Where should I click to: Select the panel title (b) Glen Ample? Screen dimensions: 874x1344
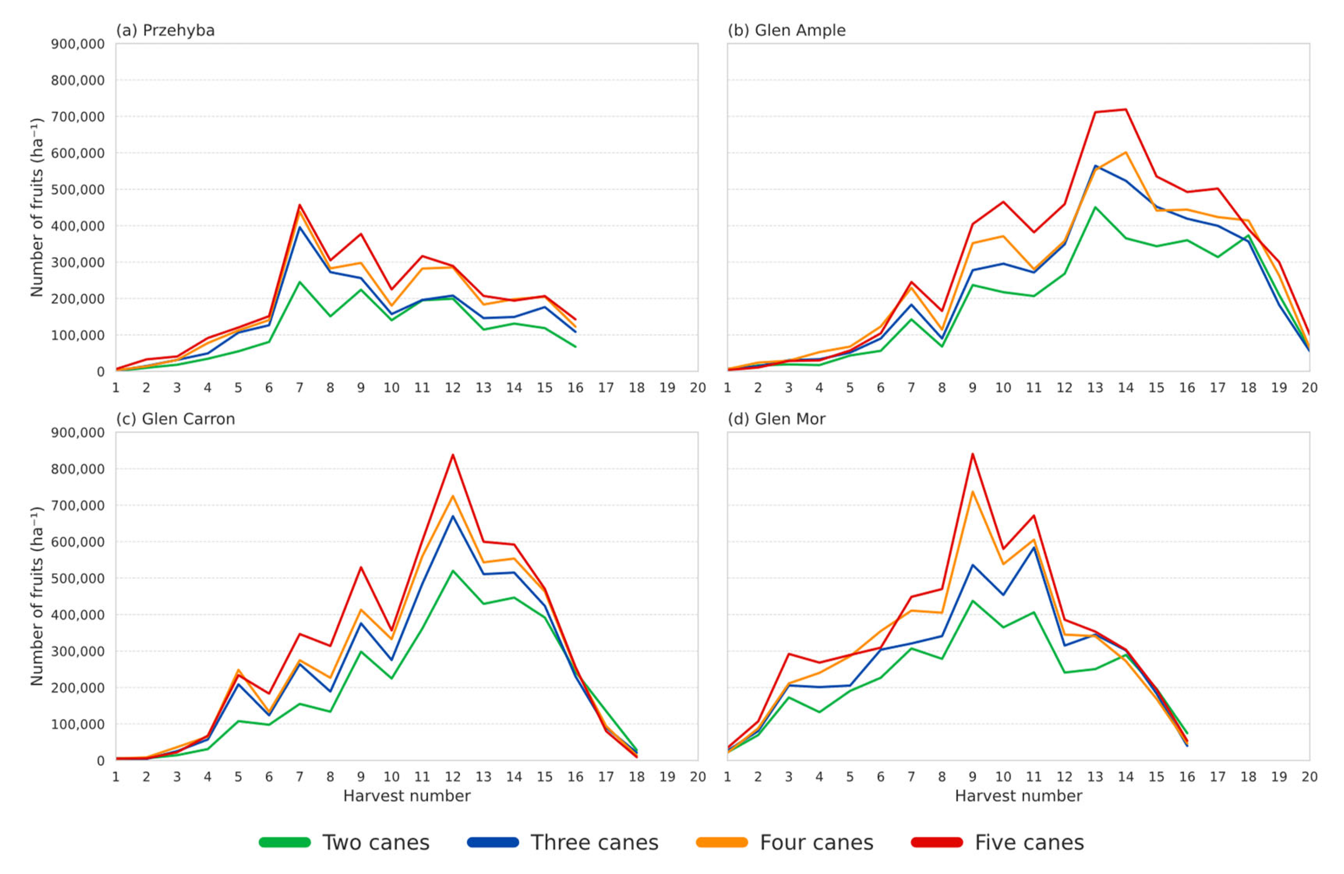point(786,31)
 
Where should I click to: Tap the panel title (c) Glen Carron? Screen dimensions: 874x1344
point(175,419)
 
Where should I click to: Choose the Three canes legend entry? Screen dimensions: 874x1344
point(563,843)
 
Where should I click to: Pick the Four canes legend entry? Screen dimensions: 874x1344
point(785,843)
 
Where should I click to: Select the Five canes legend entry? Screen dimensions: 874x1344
point(998,843)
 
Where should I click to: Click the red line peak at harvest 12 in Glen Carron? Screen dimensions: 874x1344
point(453,455)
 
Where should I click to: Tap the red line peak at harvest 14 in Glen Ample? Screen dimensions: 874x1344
point(1125,110)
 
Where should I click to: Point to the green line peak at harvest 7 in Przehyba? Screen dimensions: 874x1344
point(299,282)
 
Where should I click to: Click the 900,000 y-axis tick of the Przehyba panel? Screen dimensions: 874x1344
point(77,44)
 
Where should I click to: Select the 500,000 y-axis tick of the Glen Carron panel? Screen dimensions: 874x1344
point(77,578)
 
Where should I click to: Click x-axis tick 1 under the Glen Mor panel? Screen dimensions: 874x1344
point(727,777)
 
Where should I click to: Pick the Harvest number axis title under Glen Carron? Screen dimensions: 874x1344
point(407,796)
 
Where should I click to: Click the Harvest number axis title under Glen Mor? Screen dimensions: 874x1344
point(1018,796)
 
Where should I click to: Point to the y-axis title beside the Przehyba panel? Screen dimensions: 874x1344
point(37,207)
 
